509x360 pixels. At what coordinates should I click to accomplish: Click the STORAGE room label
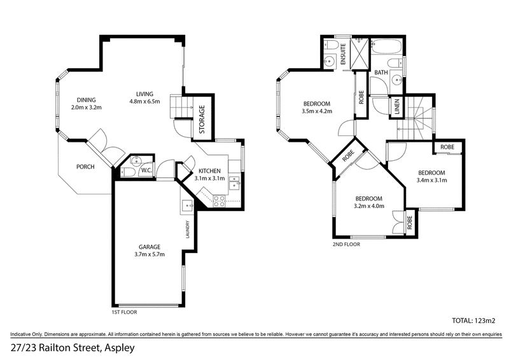pos(202,120)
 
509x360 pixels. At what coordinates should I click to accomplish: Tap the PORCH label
pos(85,167)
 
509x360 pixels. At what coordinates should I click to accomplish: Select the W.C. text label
pos(146,170)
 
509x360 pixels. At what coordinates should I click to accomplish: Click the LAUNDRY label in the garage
pos(188,230)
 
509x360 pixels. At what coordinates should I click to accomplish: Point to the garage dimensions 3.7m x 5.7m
pos(150,254)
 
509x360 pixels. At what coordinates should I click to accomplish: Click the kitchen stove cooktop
pos(219,201)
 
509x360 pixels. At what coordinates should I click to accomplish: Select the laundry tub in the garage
pos(187,206)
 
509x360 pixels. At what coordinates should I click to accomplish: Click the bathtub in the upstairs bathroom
pos(386,46)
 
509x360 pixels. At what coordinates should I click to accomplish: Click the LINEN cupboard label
pos(397,107)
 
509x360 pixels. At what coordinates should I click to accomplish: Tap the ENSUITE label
pos(343,54)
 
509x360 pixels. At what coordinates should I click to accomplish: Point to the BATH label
pos(381,73)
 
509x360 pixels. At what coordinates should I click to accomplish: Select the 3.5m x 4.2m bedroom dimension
pos(317,111)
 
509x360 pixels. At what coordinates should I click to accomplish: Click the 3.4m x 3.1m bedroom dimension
pos(432,180)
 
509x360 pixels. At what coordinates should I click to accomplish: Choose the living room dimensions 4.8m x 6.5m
pos(145,102)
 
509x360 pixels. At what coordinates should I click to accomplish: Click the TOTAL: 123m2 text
pos(473,321)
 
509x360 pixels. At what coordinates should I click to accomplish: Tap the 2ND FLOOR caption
pos(347,244)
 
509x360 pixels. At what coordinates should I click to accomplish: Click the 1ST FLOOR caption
pos(124,312)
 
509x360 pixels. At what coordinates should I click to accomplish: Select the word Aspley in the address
pos(120,349)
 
